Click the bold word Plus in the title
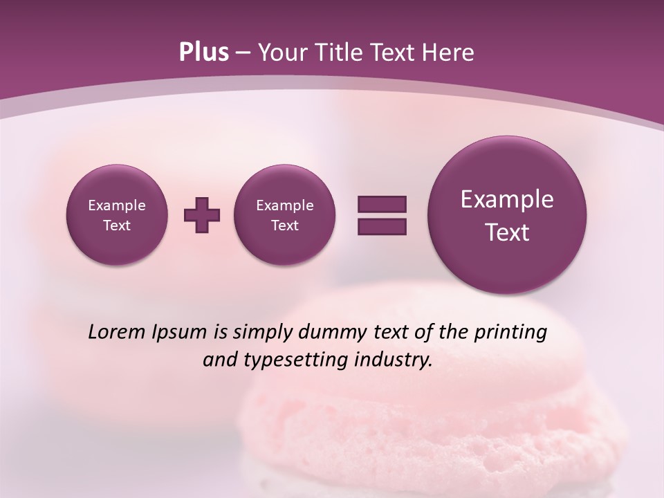pos(203,53)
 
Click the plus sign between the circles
pos(202,215)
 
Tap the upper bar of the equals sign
pos(382,204)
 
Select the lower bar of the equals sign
pos(382,227)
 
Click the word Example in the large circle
pos(507,199)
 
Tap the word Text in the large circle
pos(507,232)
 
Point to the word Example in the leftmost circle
pos(117,205)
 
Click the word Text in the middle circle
pos(285,225)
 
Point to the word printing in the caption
pos(510,332)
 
